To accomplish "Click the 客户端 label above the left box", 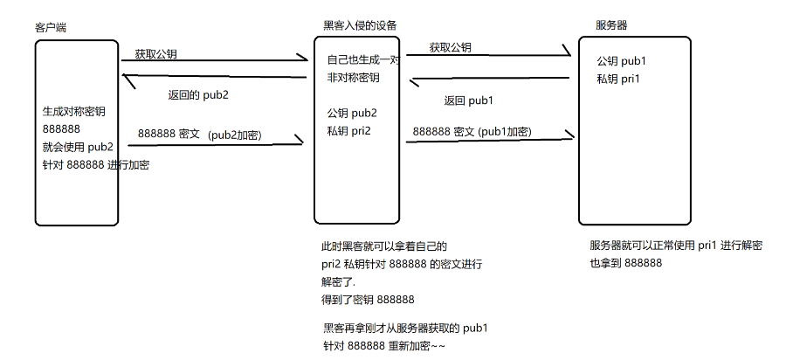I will [51, 28].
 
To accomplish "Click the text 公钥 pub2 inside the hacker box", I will [352, 114].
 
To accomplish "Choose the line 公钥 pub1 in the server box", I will [622, 62].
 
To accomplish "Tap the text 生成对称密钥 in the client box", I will [73, 112].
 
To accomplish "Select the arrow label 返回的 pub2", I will [198, 95].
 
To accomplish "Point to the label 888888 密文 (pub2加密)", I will [202, 135].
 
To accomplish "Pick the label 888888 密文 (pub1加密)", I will [472, 132].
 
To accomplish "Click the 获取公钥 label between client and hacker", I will [155, 54].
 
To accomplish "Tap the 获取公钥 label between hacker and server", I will [450, 47].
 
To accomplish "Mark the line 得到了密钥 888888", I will [368, 299].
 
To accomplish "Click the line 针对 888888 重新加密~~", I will [385, 345].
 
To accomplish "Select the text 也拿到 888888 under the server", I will [625, 262].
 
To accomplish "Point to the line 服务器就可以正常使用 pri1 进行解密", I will [675, 246].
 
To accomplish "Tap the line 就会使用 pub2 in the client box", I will [78, 146].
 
